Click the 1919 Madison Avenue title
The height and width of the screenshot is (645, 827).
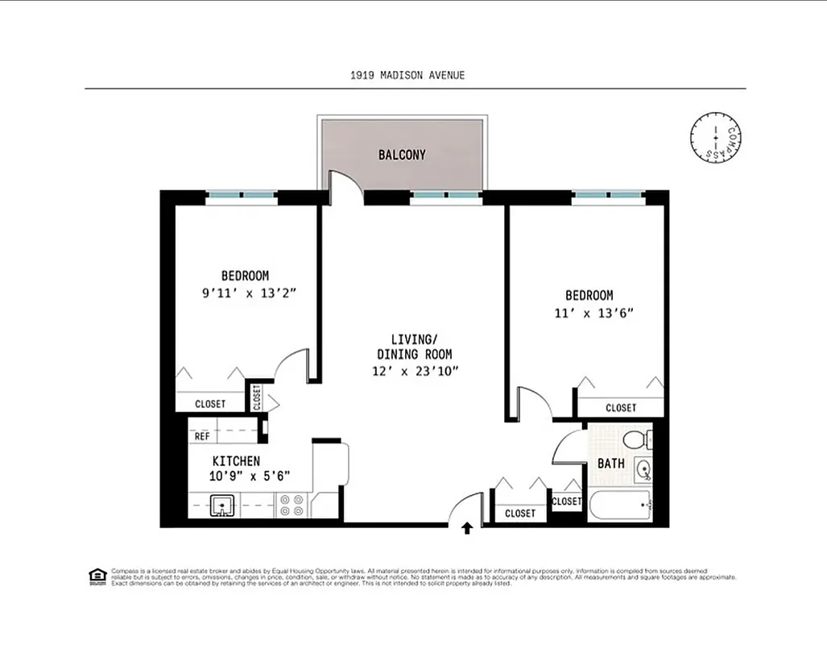(407, 75)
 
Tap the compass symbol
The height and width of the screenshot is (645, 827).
(715, 138)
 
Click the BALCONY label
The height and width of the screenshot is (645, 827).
(402, 155)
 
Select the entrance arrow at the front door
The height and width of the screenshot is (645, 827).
(467, 529)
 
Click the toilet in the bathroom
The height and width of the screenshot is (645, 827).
(639, 440)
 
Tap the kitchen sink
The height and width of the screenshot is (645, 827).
(221, 506)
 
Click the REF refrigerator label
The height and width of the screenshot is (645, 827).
(202, 436)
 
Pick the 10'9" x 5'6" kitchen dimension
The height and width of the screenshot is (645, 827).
(250, 476)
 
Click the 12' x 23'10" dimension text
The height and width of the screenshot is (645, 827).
(415, 371)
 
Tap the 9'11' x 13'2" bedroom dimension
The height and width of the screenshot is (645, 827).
(250, 293)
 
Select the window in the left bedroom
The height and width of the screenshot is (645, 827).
(242, 195)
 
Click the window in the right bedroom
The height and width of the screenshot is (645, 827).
(608, 195)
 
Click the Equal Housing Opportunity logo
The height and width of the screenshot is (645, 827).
(97, 575)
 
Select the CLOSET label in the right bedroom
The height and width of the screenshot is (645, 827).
(621, 408)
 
